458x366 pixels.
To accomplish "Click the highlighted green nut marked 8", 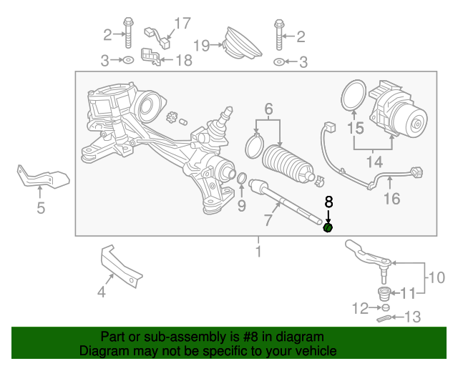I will pyautogui.click(x=328, y=228).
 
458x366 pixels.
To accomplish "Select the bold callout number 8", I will pyautogui.click(x=329, y=202).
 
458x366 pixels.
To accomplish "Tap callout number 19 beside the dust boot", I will pyautogui.click(x=201, y=46).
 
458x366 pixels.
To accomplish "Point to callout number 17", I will pyautogui.click(x=182, y=24).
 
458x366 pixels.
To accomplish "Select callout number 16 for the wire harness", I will pyautogui.click(x=391, y=198).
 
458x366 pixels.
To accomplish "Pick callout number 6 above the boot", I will pyautogui.click(x=268, y=109).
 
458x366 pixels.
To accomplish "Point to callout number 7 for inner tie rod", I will pyautogui.click(x=268, y=219).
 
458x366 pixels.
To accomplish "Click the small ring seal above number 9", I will pyautogui.click(x=242, y=178).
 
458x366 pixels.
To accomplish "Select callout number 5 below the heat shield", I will pyautogui.click(x=41, y=208).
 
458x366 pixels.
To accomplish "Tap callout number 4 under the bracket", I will pyautogui.click(x=101, y=291).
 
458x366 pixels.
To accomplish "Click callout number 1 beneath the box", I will pyautogui.click(x=258, y=251).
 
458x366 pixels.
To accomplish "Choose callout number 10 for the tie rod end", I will pyautogui.click(x=437, y=277).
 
